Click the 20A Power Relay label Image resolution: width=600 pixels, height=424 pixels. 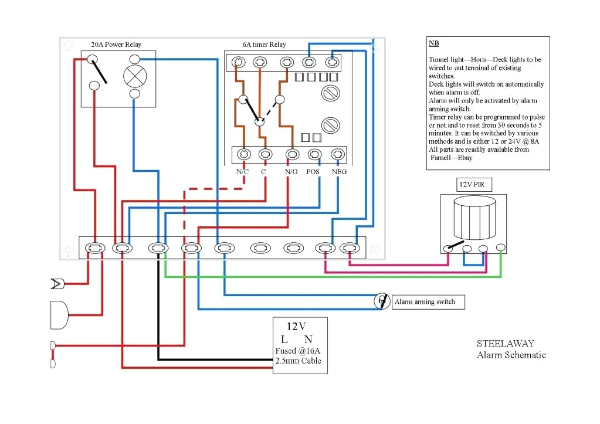tap(116, 45)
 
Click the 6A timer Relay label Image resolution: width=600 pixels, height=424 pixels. tap(264, 45)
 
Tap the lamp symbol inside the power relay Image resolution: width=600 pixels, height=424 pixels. tap(134, 76)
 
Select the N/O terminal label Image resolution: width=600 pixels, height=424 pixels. tap(291, 172)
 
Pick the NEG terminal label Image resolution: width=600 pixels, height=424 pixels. tap(339, 172)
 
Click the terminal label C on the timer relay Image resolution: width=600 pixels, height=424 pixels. tap(264, 172)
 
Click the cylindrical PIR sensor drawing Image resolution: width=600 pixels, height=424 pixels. tap(474, 218)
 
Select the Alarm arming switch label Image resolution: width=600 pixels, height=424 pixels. tap(424, 301)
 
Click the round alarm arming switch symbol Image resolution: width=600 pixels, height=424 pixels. tap(382, 301)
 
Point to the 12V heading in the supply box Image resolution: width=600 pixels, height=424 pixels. tap(297, 326)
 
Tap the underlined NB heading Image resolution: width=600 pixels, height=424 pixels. tap(433, 44)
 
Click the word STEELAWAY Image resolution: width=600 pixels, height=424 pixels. tap(505, 344)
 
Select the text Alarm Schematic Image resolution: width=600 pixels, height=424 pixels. tap(511, 355)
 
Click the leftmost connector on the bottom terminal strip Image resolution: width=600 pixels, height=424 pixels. tap(94, 249)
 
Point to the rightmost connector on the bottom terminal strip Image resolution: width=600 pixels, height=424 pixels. tap(350, 249)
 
